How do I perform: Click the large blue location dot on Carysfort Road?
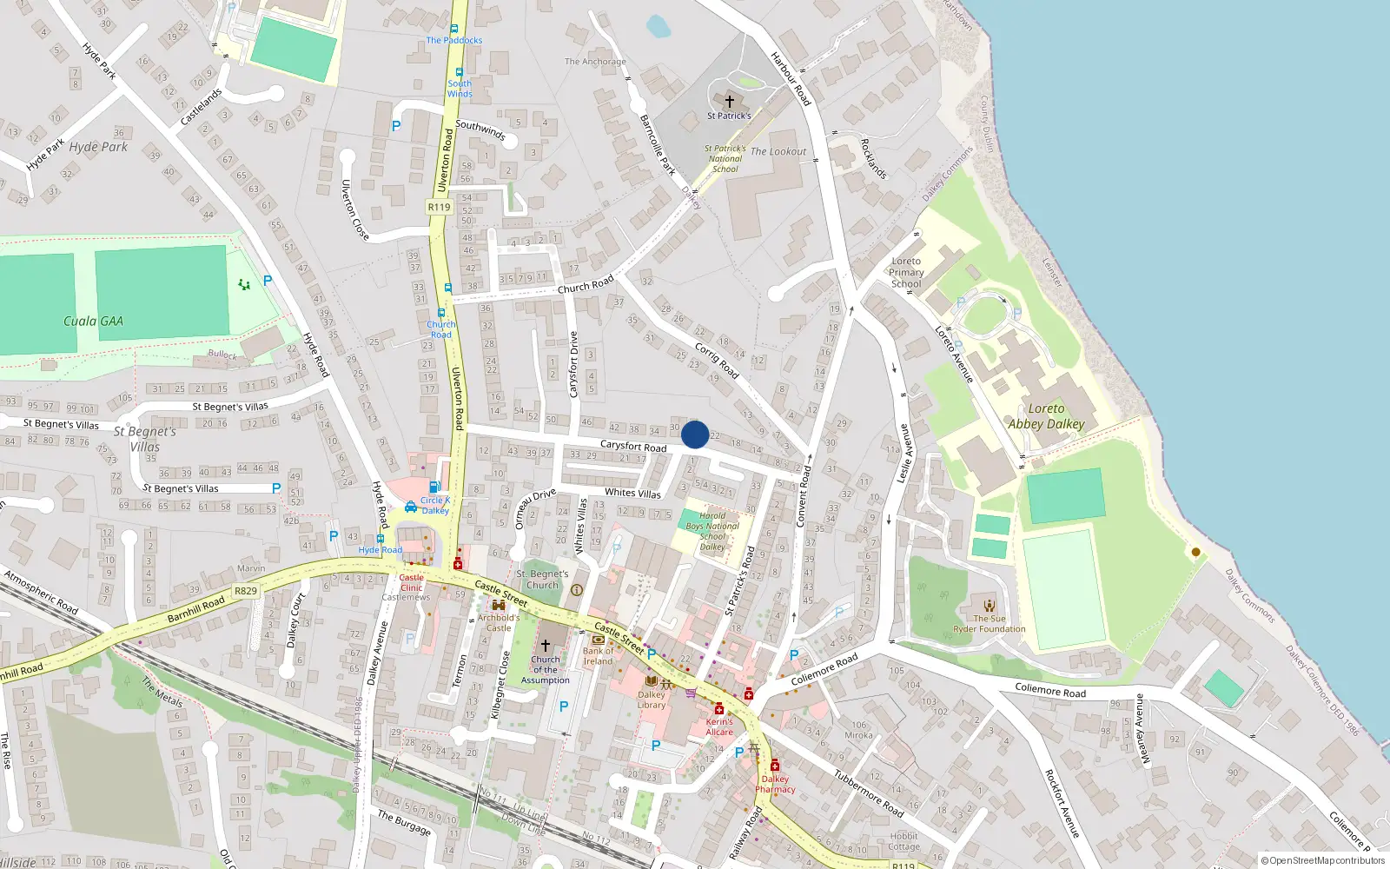coord(695,434)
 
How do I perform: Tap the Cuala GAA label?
coord(93,322)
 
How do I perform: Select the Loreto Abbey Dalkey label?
coord(1046,416)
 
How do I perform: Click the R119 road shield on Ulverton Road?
coord(440,207)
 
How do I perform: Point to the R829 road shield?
coord(246,591)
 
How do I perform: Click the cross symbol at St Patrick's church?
coord(729,102)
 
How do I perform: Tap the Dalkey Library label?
coord(652,700)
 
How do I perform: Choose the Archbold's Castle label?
coord(499,623)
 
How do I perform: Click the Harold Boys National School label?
coord(712,531)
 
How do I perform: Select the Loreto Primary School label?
coord(906,272)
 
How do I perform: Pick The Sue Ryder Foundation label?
coord(990,624)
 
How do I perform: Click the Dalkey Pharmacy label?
coord(775,784)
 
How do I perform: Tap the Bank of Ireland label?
coord(598,655)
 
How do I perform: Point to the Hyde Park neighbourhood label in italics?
coord(98,147)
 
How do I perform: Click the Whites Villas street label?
coord(632,493)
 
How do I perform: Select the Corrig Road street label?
coord(717,361)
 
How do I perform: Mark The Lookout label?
coord(778,151)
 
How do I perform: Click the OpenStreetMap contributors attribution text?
coord(1323,861)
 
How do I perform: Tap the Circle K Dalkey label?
coord(435,505)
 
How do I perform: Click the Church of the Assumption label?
coord(546,669)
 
